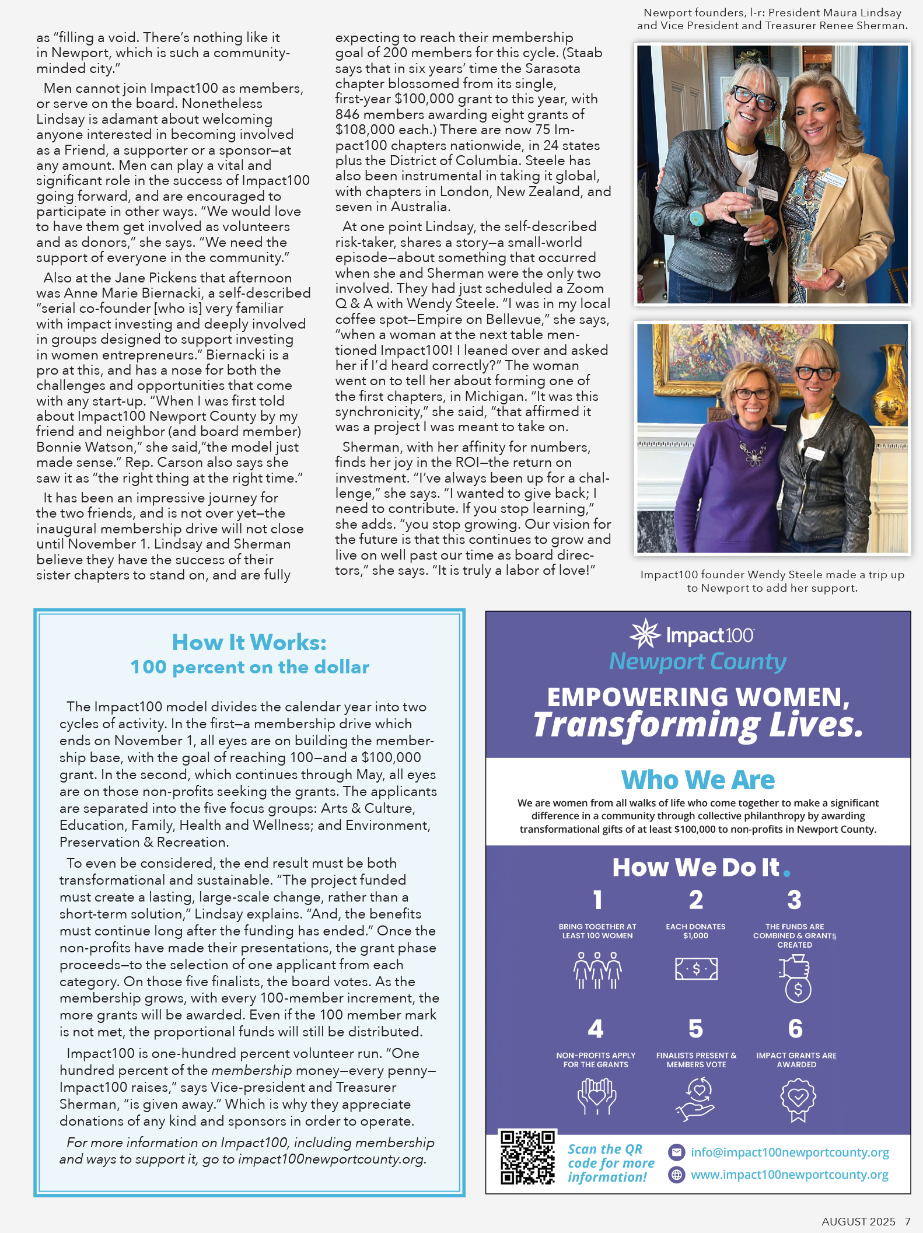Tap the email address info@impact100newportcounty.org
point(789,1152)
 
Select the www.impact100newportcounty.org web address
point(789,1175)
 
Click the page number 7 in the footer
point(907,1222)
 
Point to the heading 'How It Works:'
point(249,642)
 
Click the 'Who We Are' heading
point(698,780)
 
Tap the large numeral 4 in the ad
point(595,1029)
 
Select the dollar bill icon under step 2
point(696,969)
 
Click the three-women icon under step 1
point(597,970)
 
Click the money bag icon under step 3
point(796,977)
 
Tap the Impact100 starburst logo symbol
point(645,634)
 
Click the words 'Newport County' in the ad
point(698,662)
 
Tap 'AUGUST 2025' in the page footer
point(858,1222)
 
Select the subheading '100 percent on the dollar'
point(250,667)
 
